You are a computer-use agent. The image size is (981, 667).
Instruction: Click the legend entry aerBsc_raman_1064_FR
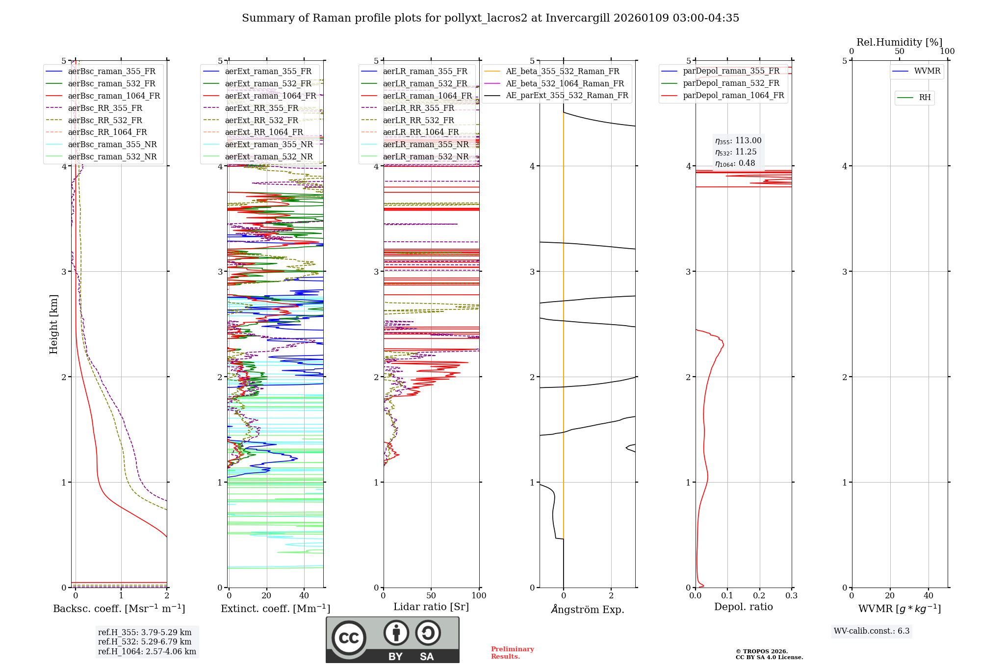point(114,96)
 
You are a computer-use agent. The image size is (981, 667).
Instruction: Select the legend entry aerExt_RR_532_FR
point(261,121)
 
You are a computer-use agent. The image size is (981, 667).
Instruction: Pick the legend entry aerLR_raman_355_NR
point(425,145)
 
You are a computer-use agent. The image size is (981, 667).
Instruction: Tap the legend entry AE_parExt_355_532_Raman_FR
point(567,96)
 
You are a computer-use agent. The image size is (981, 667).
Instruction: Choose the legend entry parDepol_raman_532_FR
point(731,83)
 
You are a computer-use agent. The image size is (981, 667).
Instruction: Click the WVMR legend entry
point(927,72)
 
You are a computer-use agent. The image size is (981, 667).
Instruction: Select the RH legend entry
point(925,98)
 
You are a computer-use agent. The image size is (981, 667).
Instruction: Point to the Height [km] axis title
point(53,324)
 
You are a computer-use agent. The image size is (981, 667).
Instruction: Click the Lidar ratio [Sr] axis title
point(431,607)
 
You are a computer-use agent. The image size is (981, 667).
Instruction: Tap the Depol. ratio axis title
point(743,607)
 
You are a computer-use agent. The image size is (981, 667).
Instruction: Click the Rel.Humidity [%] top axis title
point(899,42)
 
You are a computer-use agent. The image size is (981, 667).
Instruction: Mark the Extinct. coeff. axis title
point(275,609)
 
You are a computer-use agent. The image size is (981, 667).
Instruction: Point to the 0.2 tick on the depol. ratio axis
point(759,596)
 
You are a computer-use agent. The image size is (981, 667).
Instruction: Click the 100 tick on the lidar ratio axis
point(479,596)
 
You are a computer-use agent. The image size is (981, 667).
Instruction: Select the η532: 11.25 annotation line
point(736,152)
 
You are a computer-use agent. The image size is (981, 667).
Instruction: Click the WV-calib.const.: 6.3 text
point(872,631)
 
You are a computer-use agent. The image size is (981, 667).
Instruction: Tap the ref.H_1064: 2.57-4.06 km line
point(147,652)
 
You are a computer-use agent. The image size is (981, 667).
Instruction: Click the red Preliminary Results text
point(512,653)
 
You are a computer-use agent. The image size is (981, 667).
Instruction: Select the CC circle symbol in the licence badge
point(349,638)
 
